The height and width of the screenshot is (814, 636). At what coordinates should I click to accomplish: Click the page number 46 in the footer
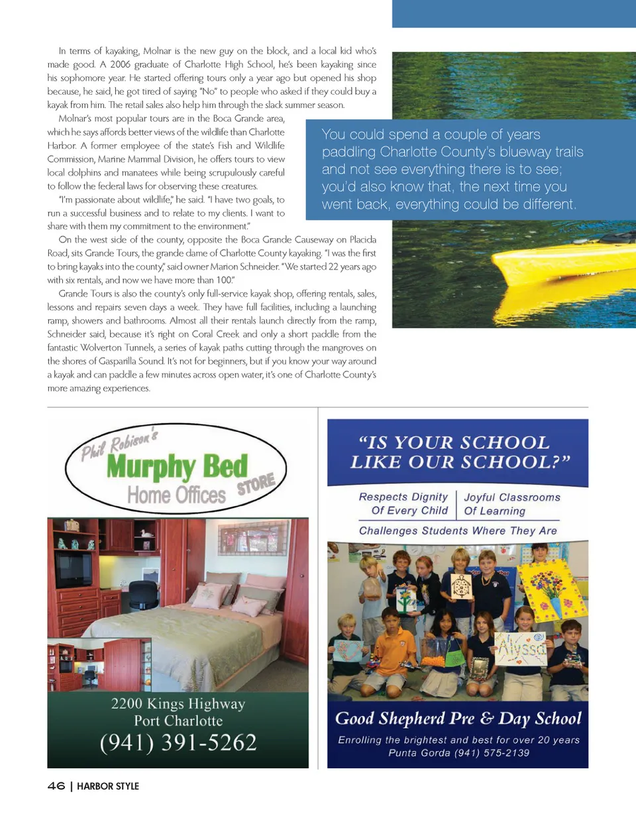coord(56,786)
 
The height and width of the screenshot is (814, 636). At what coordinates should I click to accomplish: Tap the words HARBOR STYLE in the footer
coord(108,787)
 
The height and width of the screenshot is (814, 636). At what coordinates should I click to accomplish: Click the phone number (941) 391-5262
coord(178,743)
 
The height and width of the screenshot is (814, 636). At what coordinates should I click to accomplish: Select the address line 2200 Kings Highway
coord(178,703)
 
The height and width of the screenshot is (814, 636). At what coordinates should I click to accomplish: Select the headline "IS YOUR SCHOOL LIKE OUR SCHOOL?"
coord(457,452)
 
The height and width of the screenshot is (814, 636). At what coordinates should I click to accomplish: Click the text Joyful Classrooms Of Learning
coord(511,504)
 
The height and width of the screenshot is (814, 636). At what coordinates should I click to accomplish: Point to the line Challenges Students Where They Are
coord(458,531)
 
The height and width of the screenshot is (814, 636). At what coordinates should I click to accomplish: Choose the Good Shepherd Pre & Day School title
coord(458,719)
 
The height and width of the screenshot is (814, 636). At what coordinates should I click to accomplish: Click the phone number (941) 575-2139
coord(492,754)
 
